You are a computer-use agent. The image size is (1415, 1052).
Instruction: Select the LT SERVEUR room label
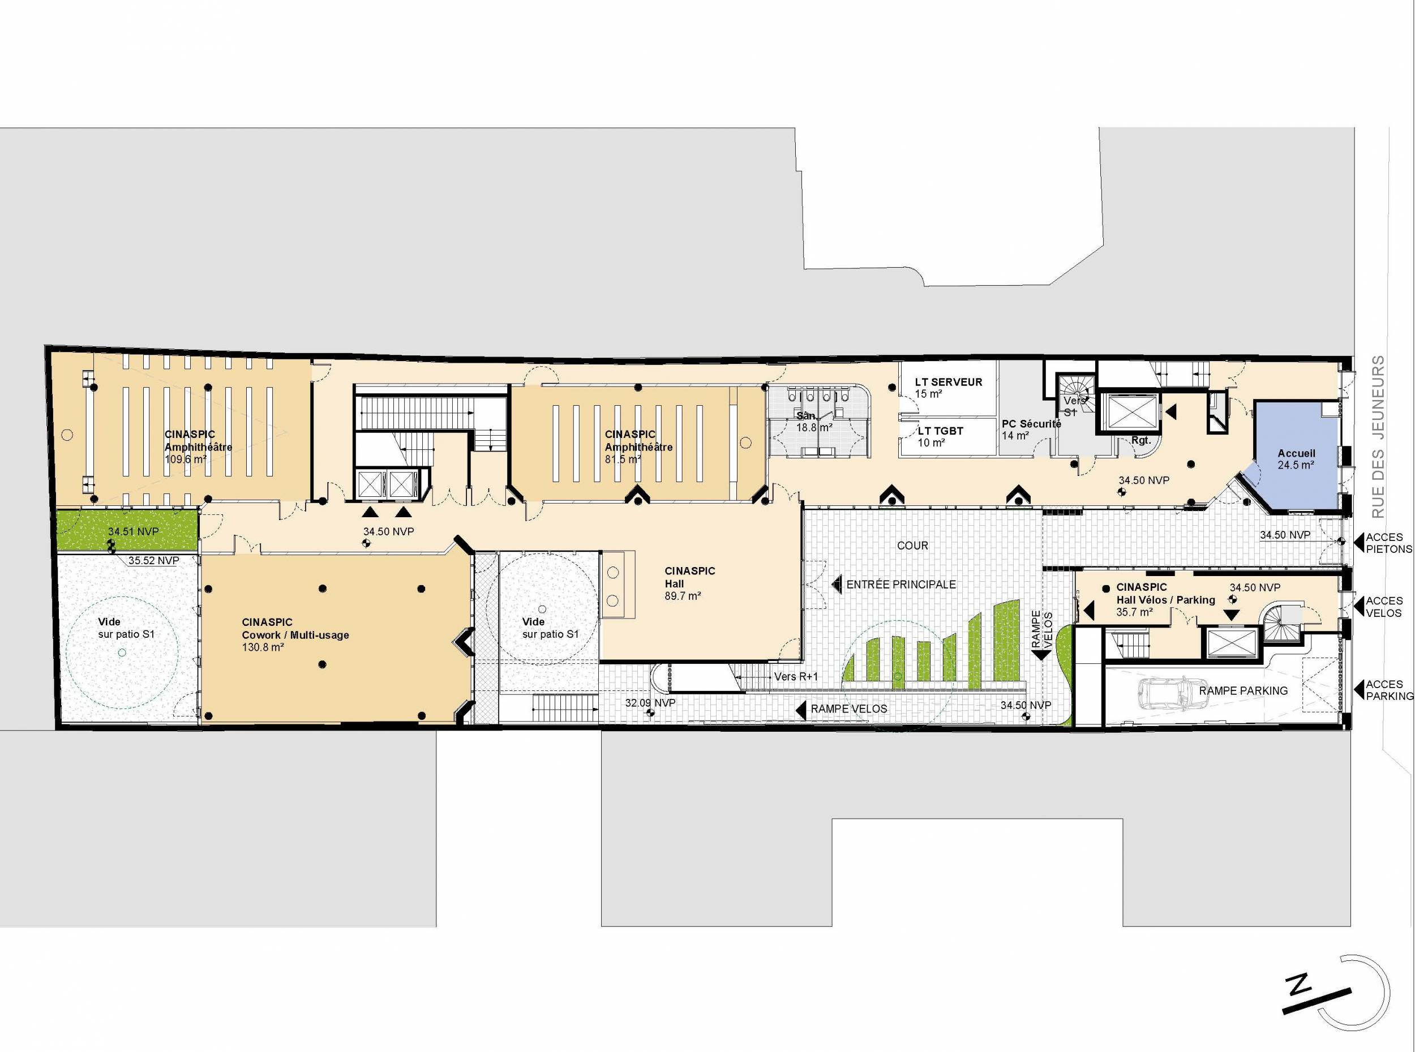tap(949, 382)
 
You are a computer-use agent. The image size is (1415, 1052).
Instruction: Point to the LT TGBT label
tap(941, 431)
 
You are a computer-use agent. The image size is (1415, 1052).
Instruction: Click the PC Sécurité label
tap(1032, 424)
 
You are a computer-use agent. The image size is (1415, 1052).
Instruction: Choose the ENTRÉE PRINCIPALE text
tap(901, 584)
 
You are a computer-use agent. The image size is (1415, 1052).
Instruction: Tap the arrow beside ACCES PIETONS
tap(1358, 543)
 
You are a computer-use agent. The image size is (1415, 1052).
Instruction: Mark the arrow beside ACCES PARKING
tap(1358, 690)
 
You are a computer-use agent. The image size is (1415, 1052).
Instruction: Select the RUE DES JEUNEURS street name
tap(1379, 437)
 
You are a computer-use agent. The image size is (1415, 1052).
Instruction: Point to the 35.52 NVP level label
tap(153, 561)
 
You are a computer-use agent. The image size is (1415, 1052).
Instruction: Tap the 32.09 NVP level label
tap(650, 703)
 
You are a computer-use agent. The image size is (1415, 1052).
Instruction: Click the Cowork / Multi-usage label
tap(295, 635)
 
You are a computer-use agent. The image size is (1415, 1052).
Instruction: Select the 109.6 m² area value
tap(185, 458)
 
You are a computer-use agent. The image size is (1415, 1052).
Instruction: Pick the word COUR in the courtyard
tap(912, 546)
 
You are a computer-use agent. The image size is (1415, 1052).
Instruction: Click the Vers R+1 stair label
tap(795, 676)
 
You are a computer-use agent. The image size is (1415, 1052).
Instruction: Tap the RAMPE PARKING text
tap(1243, 690)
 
